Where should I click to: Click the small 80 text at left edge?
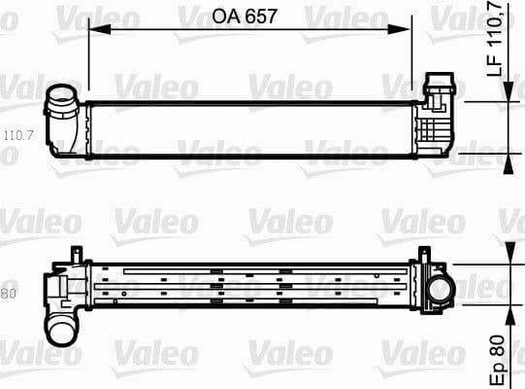[x=10, y=292]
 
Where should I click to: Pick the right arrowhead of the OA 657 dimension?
[x=408, y=29]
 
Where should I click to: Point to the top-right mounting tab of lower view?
[x=424, y=255]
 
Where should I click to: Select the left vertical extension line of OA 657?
[x=88, y=63]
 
